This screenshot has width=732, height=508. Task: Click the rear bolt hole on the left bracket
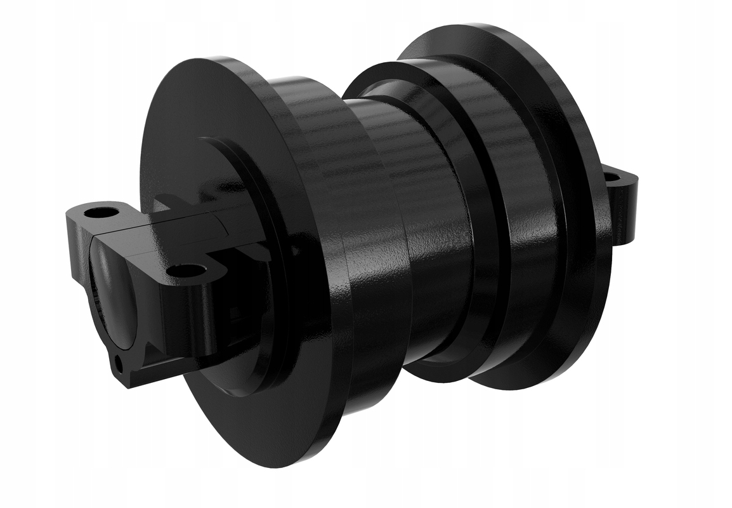pos(97,211)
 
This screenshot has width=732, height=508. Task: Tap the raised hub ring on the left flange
pos(273,190)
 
